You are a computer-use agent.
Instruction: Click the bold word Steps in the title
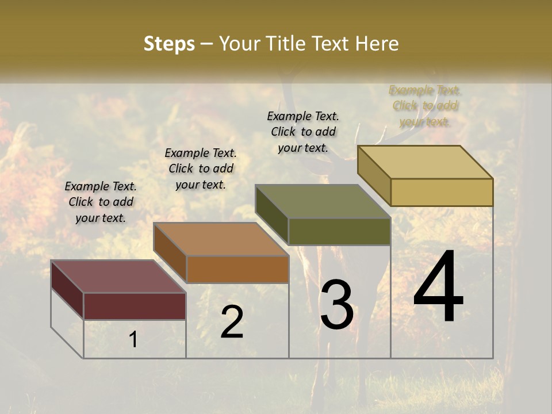coord(169,44)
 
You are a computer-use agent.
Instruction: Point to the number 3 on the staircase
coord(336,304)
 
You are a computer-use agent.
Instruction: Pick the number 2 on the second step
coord(232,322)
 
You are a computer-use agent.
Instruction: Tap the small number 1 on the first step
coord(133,340)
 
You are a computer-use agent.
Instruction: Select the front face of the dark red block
coord(135,306)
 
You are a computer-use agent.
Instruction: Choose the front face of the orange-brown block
coord(237,269)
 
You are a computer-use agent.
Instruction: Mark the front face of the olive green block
coord(339,231)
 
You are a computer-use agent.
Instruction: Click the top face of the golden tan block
coord(425,162)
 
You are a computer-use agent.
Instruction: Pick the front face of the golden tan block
coord(442,192)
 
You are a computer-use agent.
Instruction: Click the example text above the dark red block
coord(101,202)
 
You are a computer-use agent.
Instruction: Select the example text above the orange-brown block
coord(201,168)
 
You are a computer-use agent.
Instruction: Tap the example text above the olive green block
coord(303,132)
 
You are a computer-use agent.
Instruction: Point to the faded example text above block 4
coord(425,106)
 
